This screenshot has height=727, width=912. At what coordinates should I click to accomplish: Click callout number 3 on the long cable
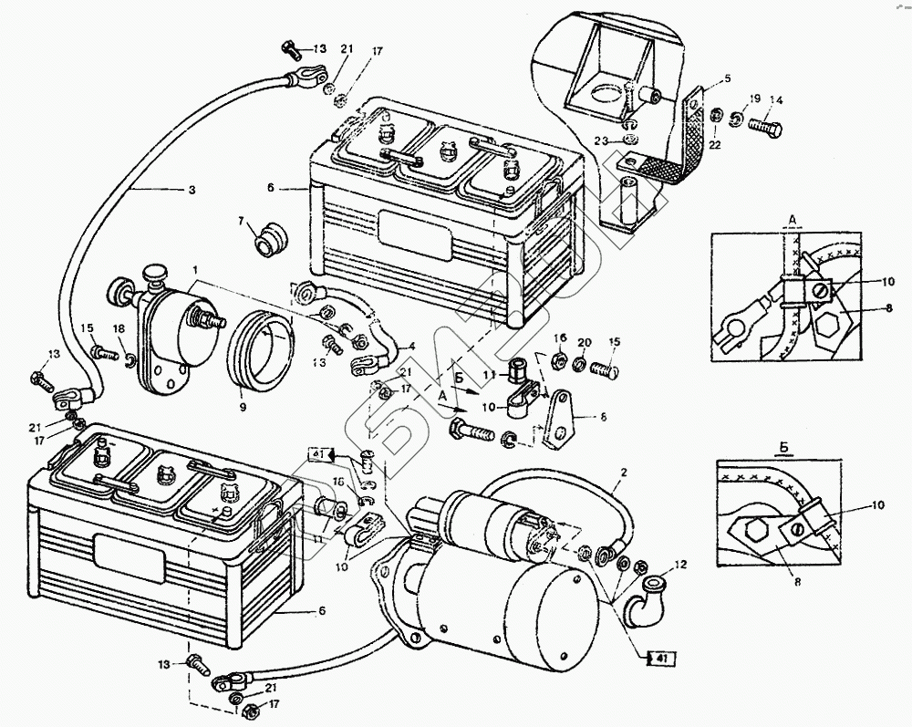coord(192,190)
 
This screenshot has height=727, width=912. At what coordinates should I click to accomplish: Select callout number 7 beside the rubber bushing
coord(242,221)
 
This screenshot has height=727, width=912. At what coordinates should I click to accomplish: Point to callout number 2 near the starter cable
coord(624,473)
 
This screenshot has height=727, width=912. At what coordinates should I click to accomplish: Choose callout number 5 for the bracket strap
coord(727,78)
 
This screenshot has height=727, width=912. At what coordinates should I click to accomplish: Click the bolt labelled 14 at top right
coord(767,127)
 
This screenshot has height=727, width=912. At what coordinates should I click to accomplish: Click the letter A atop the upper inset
coord(793,220)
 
